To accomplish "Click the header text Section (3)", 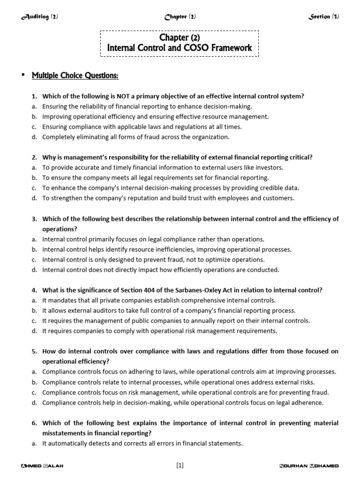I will [x=323, y=17].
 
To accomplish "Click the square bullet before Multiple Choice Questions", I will [x=22, y=75].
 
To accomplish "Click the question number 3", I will [x=34, y=219].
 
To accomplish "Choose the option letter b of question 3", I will [x=34, y=249].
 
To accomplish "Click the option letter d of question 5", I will [x=34, y=403].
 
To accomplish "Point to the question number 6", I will [x=34, y=423].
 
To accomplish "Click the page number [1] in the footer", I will [x=180, y=465].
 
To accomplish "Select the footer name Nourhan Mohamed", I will [x=309, y=466].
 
